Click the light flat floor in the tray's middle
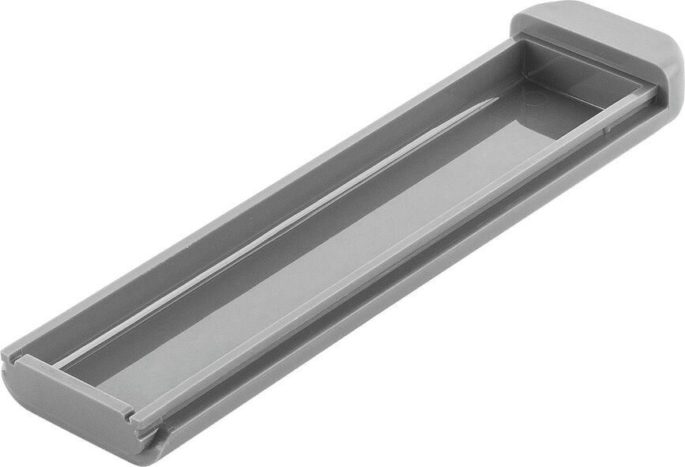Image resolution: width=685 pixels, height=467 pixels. click(316, 261)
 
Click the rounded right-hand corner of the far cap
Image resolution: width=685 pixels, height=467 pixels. click(672, 71)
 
